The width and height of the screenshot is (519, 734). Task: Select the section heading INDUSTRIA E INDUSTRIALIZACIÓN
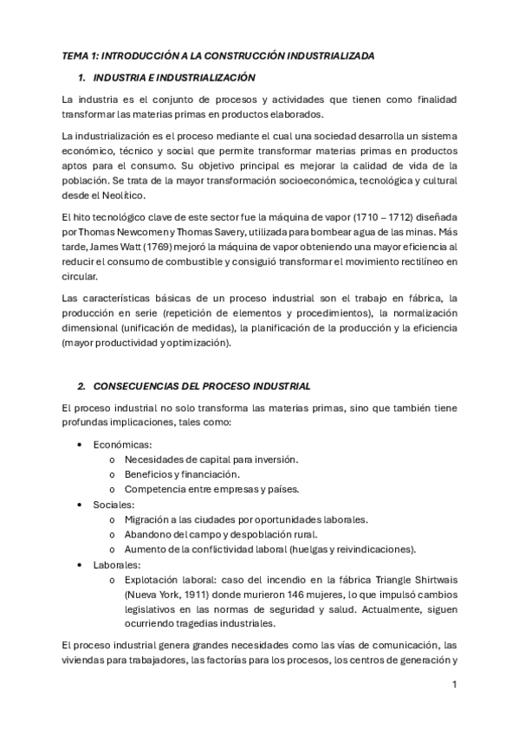[x=173, y=77]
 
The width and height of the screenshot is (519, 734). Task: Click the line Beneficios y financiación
[x=183, y=474]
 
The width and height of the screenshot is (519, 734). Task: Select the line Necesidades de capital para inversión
[x=211, y=460]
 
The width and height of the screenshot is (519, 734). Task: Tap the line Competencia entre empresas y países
[x=211, y=489]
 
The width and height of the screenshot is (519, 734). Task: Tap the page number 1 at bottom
[x=454, y=685]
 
